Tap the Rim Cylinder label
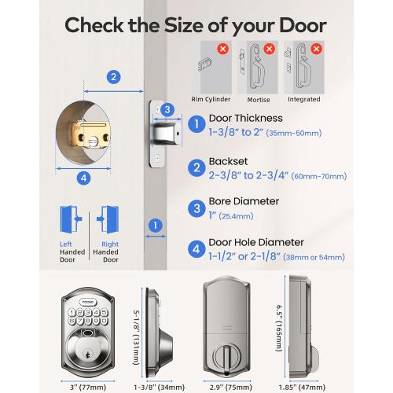[210, 99]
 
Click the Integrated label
[304, 99]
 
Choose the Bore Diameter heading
[244, 201]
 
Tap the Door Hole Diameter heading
[255, 242]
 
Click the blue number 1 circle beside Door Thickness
[196, 123]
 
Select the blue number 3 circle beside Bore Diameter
[196, 208]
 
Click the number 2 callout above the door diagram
[114, 76]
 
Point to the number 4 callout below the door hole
[84, 178]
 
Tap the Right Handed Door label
[109, 251]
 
